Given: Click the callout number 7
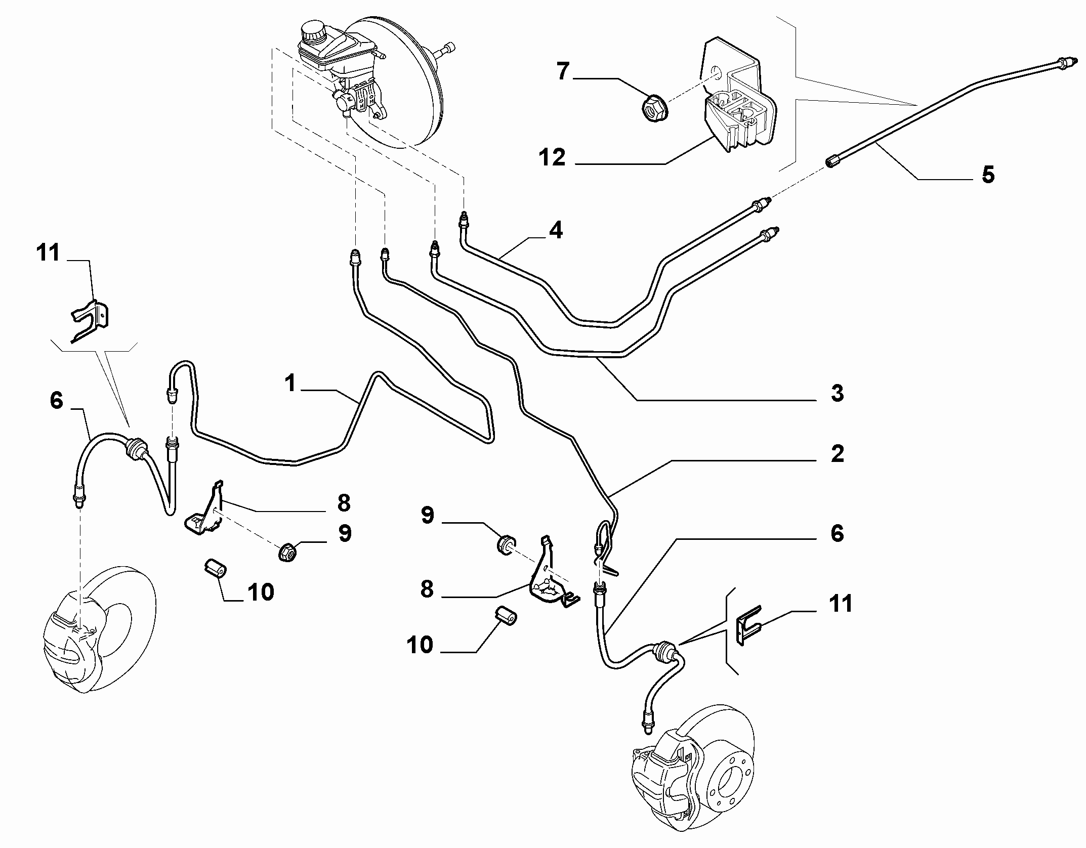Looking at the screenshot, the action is click(x=563, y=71).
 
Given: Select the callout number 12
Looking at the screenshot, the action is click(x=552, y=157).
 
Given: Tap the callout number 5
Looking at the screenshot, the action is click(x=987, y=175).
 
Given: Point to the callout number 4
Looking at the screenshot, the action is click(x=556, y=230).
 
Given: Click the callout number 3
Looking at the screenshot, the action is click(x=837, y=393).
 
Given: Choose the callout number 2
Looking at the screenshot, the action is click(x=838, y=453).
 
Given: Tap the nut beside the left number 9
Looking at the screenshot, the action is click(x=287, y=552).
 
